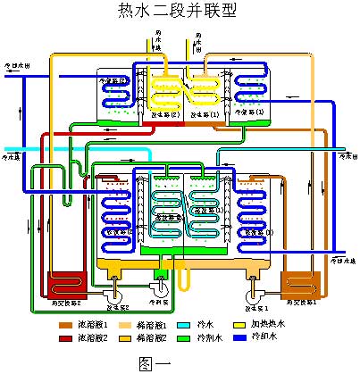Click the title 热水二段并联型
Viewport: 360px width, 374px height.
click(x=180, y=11)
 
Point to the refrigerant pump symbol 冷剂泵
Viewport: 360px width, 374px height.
click(x=161, y=287)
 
